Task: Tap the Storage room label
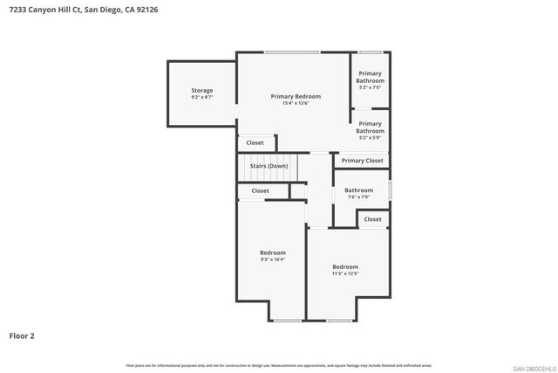tap(202, 90)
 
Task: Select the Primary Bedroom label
tap(296, 96)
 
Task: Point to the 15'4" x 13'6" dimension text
tap(296, 103)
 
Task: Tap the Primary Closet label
tap(362, 161)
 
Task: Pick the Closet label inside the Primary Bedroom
tap(255, 142)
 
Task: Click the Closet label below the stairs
tap(261, 190)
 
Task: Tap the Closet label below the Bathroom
tap(372, 219)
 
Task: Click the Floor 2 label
tap(22, 335)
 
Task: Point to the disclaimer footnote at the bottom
tap(278, 365)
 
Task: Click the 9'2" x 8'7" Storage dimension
tap(202, 97)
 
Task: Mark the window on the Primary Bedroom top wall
tap(292, 52)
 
